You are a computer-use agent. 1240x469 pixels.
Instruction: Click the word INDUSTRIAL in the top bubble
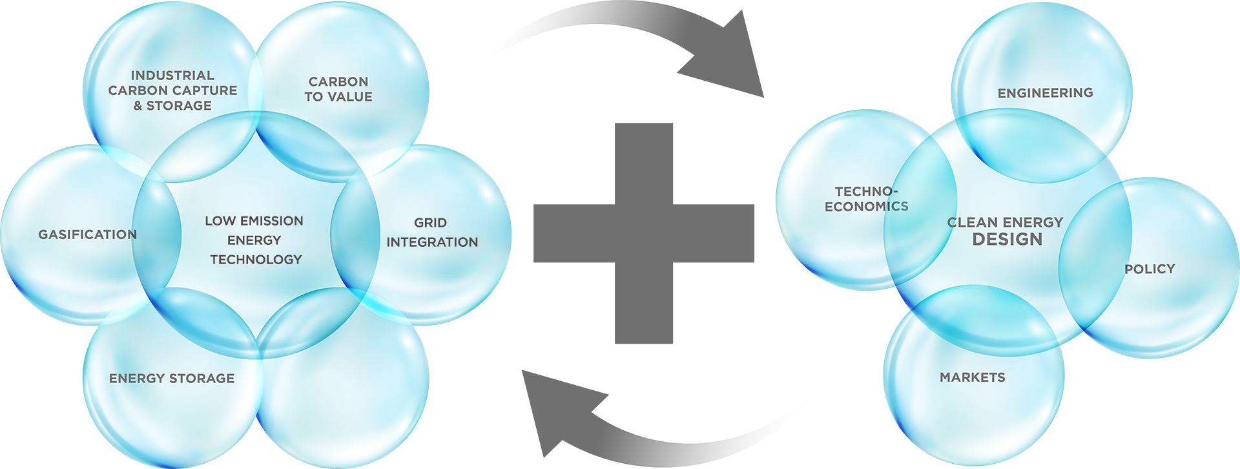(x=172, y=76)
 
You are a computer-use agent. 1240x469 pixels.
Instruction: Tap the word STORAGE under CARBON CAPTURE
(x=179, y=106)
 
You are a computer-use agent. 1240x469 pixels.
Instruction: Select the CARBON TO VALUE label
(x=338, y=89)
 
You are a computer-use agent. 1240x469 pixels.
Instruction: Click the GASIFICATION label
(x=87, y=234)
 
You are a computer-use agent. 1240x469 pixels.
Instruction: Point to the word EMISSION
(x=271, y=221)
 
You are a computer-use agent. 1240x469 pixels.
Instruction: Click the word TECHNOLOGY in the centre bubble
(x=256, y=260)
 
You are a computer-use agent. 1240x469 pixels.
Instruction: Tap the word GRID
(x=430, y=223)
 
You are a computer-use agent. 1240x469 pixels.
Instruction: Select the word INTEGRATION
(x=432, y=242)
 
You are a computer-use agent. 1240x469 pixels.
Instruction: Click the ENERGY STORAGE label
(x=172, y=379)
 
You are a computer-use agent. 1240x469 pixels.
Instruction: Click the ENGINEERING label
(x=1045, y=93)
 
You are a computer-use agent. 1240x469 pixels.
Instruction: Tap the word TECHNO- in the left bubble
(x=866, y=192)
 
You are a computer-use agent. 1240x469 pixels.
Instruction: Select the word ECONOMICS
(x=866, y=207)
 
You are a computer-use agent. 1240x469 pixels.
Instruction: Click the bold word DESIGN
(x=1007, y=240)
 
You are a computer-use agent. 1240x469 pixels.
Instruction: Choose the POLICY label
(x=1150, y=269)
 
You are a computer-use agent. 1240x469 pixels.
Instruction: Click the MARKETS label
(x=972, y=377)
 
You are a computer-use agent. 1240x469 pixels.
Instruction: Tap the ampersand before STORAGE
(x=138, y=106)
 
